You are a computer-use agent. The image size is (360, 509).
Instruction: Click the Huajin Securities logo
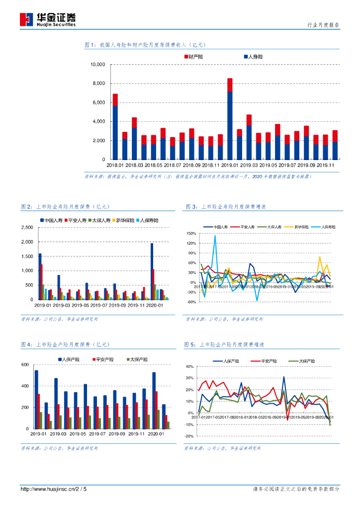(x=48, y=19)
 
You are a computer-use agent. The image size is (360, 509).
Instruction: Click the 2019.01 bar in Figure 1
(x=230, y=119)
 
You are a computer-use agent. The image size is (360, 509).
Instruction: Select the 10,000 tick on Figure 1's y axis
(x=97, y=65)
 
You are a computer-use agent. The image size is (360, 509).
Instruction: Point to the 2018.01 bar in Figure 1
(x=115, y=127)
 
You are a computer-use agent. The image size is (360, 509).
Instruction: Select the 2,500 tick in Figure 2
(x=26, y=228)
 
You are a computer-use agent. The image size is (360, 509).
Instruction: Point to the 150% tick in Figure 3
(x=191, y=233)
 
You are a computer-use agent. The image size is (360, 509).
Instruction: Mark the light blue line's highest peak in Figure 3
(x=215, y=236)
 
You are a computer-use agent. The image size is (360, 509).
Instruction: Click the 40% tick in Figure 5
(x=189, y=366)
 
